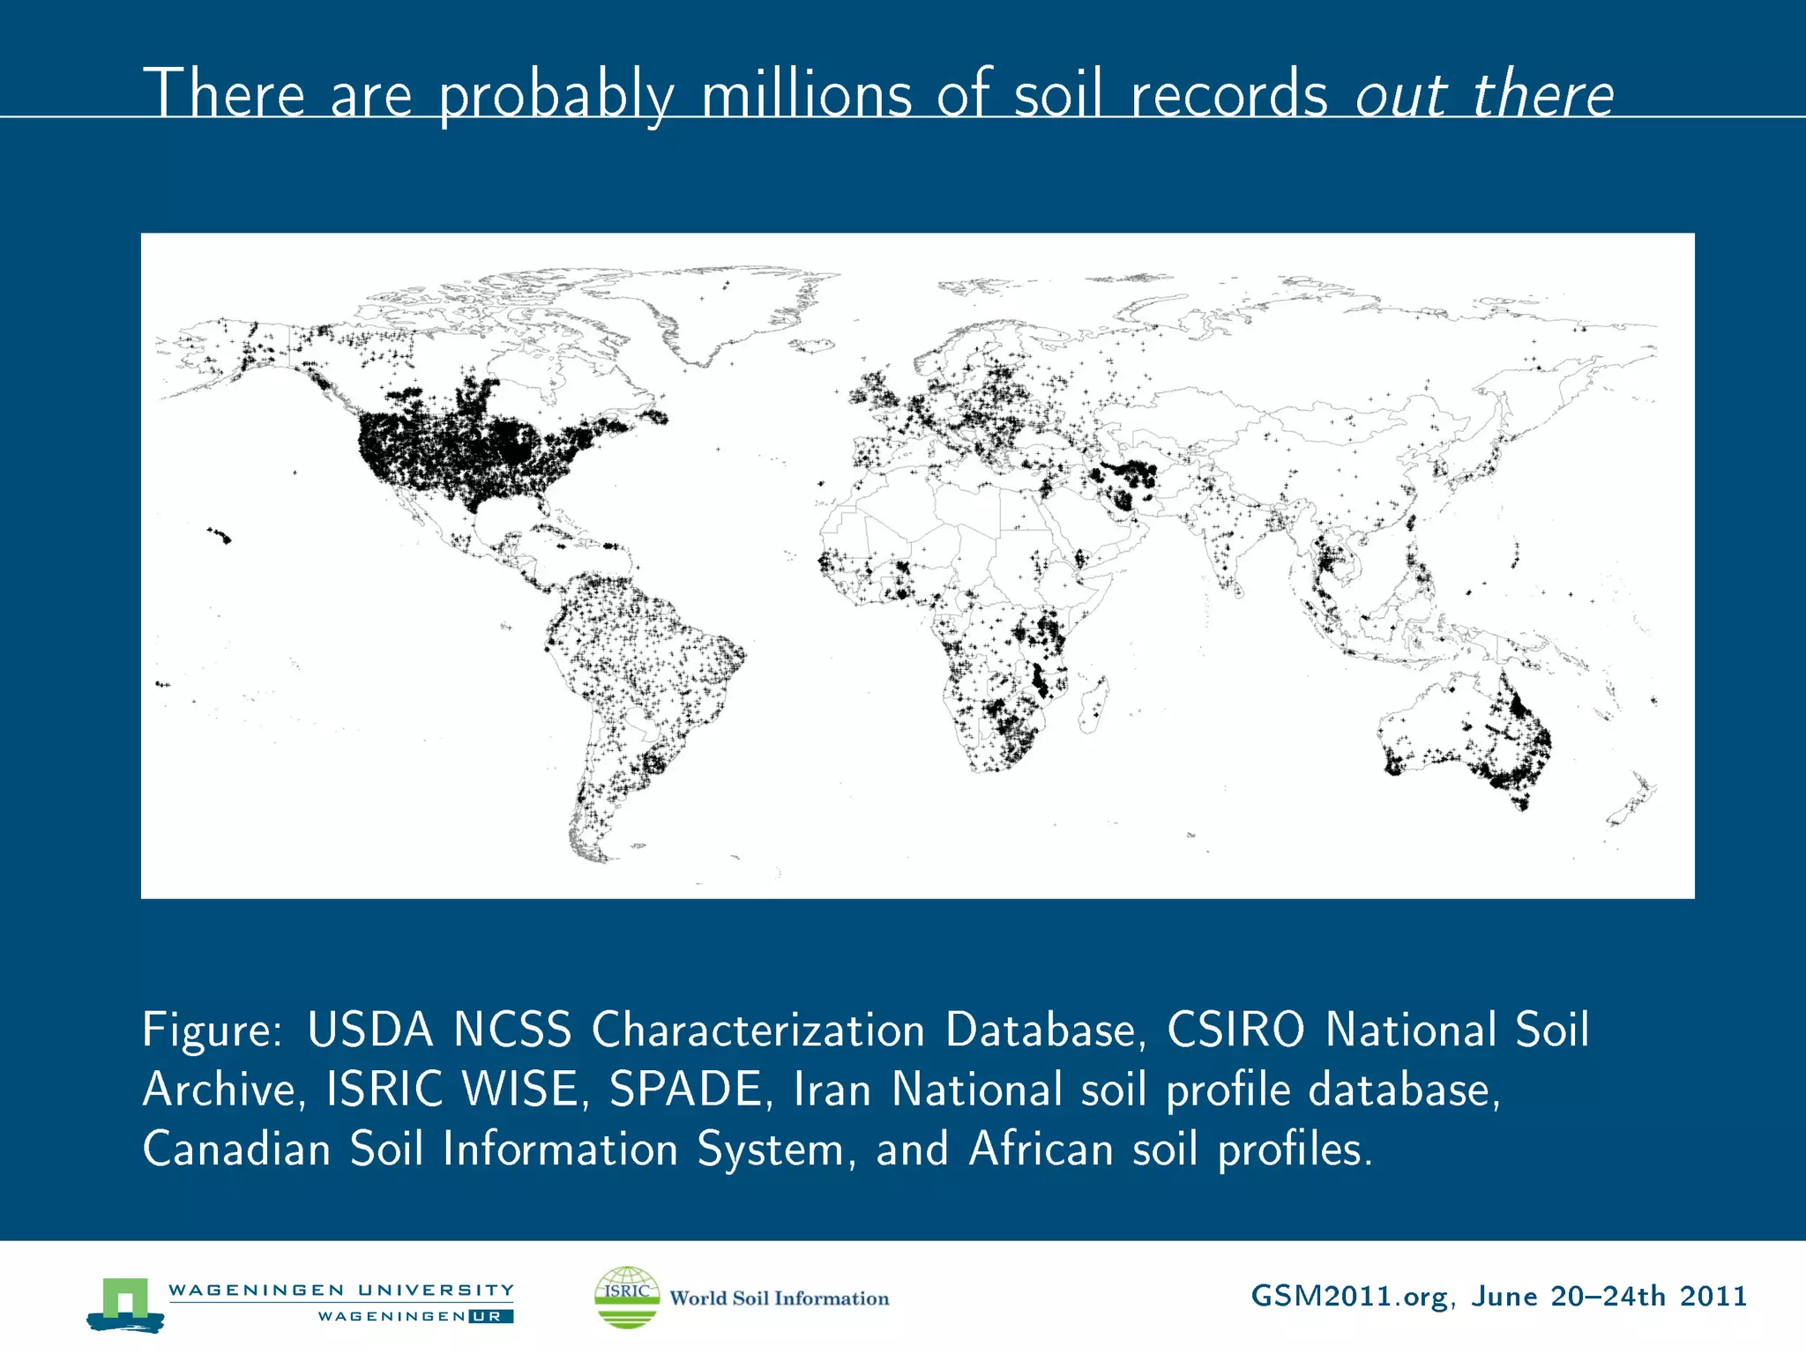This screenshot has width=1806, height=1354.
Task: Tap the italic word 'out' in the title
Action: coord(1400,94)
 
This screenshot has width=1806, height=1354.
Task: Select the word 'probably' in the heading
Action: coord(556,94)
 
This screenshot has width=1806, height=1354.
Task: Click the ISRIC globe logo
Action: coord(627,1297)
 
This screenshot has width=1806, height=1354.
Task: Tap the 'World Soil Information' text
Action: coord(779,1298)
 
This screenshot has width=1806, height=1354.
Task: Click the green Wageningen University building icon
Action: coord(125,1303)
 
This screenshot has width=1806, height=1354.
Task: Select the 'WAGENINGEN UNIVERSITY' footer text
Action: coord(340,1290)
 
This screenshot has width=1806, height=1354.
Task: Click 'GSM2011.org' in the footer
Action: coord(1349,1296)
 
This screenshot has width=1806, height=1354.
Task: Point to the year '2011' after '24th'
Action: coord(1713,1296)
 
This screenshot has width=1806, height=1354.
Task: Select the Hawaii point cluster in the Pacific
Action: coord(220,534)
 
